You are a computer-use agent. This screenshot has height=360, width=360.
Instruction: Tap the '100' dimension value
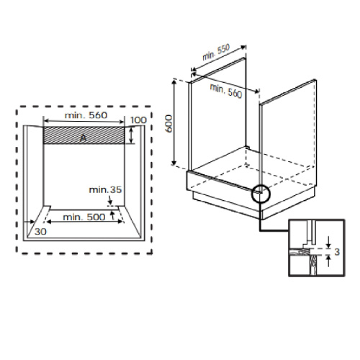point(138,120)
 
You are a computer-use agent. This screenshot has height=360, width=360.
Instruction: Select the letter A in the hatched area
point(84,136)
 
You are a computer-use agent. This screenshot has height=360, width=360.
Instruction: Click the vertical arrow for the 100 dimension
point(132,135)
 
